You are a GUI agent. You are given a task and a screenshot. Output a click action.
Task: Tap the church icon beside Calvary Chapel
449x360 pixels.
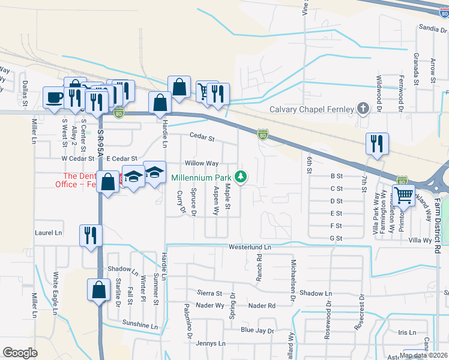pyautogui.click(x=362, y=109)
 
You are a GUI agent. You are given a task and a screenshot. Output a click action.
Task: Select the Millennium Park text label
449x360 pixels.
pyautogui.click(x=201, y=178)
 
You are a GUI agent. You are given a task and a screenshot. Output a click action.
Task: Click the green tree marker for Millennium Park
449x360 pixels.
pyautogui.click(x=241, y=176)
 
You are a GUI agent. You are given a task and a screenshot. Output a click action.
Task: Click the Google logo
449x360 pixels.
pyautogui.click(x=20, y=353)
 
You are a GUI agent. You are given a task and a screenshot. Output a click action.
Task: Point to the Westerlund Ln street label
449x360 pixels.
pyautogui.click(x=250, y=247)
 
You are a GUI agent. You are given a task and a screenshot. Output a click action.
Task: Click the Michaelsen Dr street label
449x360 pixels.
pyautogui.click(x=294, y=280)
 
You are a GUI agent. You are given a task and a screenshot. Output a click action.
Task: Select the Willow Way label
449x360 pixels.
pyautogui.click(x=201, y=163)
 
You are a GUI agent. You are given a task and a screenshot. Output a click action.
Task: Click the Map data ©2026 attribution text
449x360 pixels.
pyautogui.click(x=423, y=355)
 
